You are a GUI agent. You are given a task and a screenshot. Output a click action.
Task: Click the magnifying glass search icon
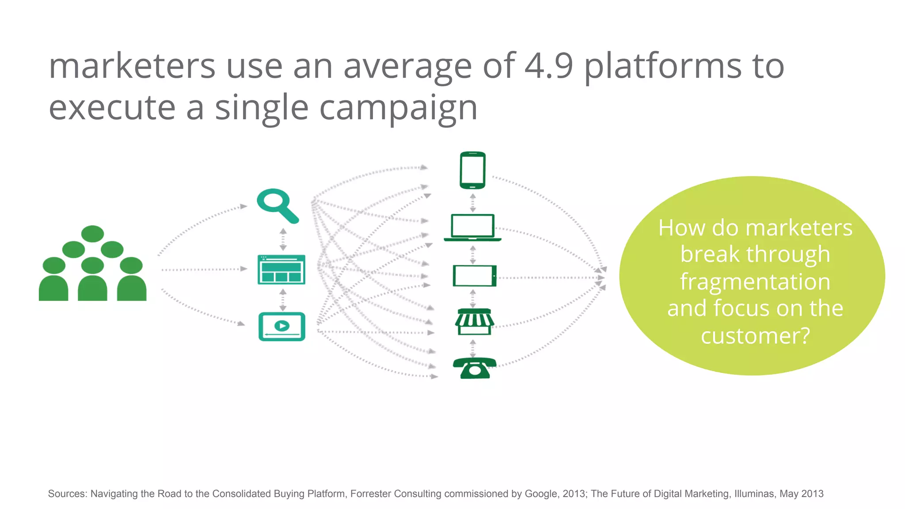tap(277, 205)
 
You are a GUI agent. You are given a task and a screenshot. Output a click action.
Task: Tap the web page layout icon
tap(281, 270)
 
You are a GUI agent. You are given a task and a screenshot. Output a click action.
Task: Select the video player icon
tap(281, 327)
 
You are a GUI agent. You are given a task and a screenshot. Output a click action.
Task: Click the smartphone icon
tap(472, 170)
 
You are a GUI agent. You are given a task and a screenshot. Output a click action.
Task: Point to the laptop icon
tap(472, 228)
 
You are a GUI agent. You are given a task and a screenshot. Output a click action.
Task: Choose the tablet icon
tap(474, 276)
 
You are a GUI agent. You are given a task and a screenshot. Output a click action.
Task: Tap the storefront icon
tap(474, 322)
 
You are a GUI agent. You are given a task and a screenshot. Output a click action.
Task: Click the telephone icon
tap(474, 368)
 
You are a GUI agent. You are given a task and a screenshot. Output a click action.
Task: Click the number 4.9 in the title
tap(549, 66)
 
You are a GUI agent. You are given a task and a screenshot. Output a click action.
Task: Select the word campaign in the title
tap(398, 108)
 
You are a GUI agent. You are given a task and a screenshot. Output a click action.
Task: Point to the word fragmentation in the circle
tap(755, 281)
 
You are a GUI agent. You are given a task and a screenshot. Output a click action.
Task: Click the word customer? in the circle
tap(755, 336)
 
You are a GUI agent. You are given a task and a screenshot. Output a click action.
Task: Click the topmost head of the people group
tap(92, 234)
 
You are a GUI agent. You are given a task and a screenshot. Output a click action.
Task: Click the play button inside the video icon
tap(281, 326)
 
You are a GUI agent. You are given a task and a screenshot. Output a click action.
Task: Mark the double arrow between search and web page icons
tap(283, 239)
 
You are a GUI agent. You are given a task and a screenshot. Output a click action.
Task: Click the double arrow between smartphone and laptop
tap(473, 202)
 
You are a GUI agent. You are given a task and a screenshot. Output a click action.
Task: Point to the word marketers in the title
tap(132, 66)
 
